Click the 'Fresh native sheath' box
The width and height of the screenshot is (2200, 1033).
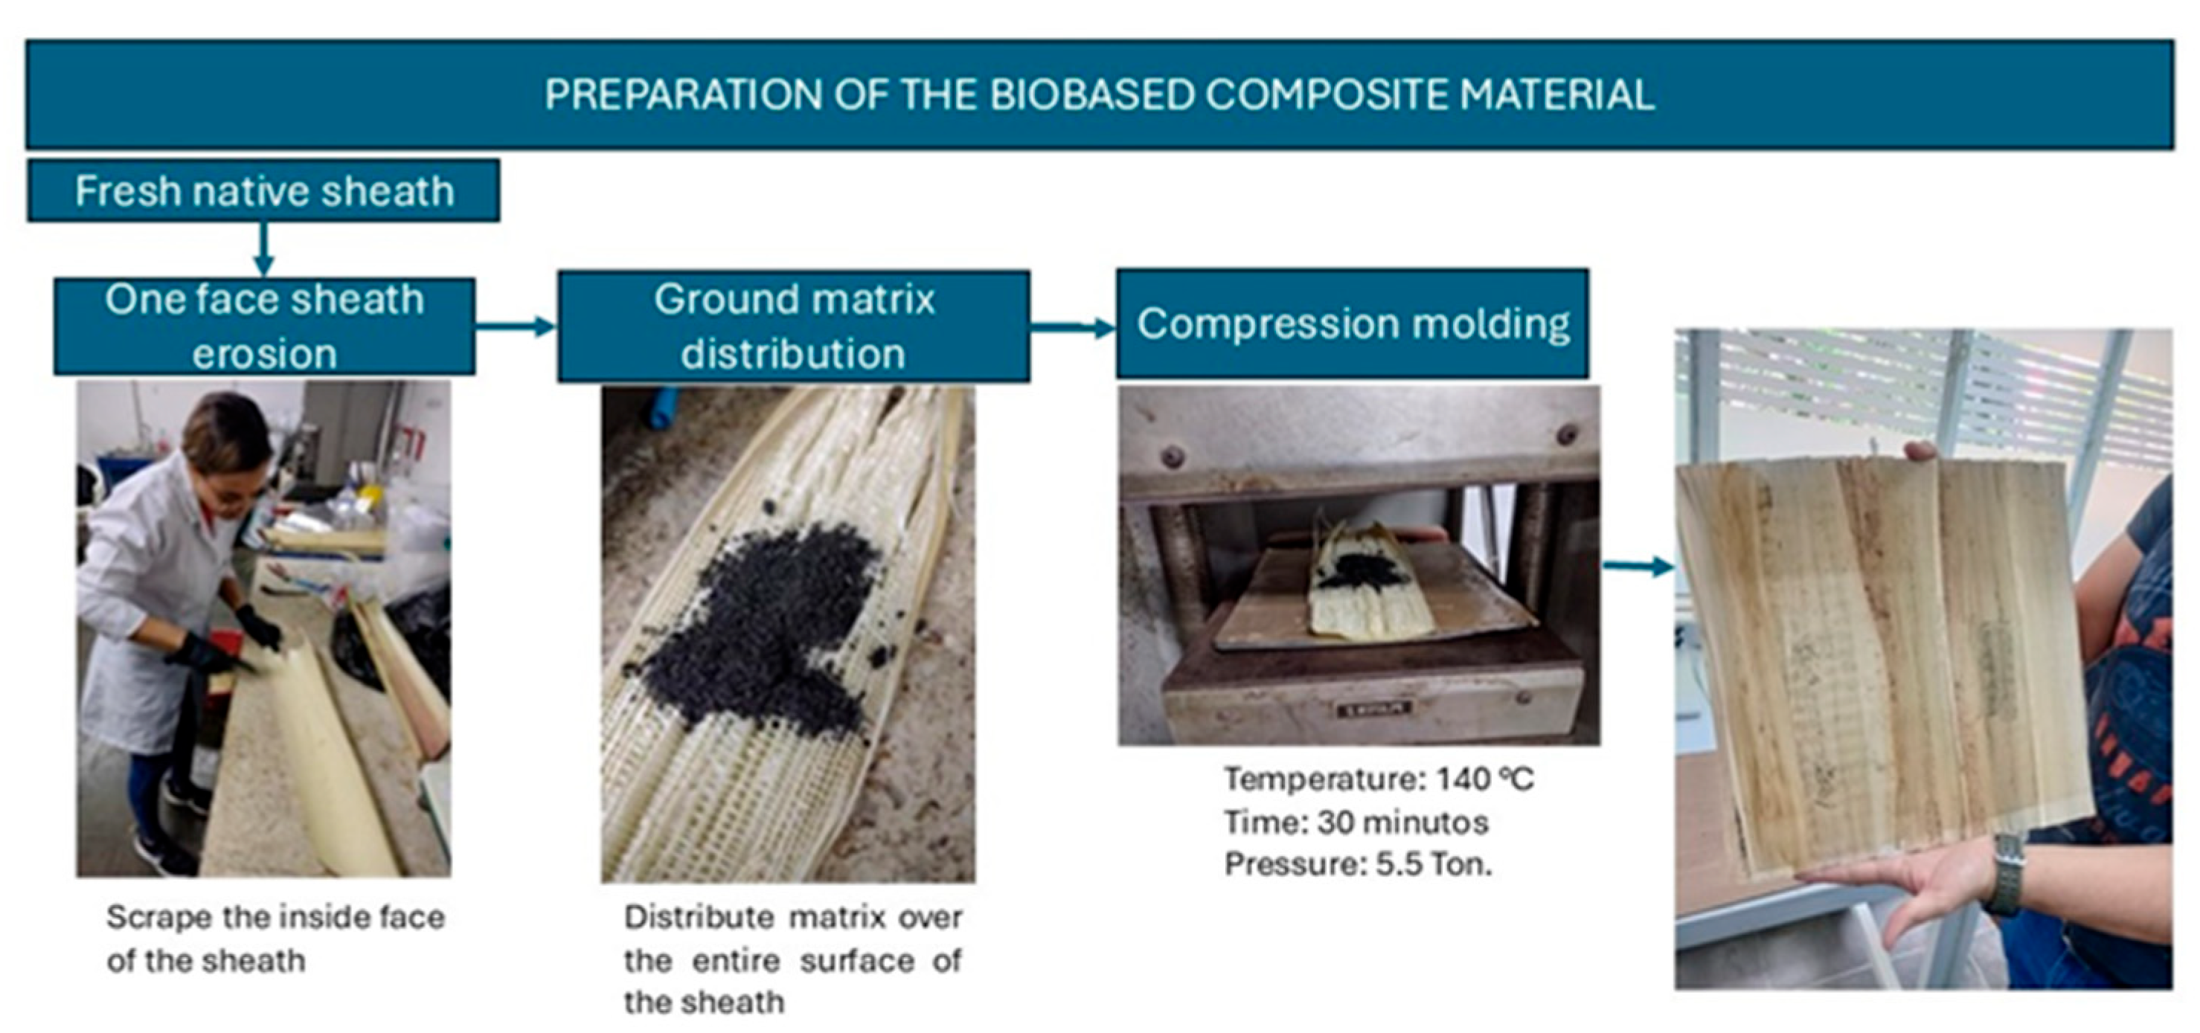(263, 190)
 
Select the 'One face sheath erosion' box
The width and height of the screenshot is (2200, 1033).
(264, 326)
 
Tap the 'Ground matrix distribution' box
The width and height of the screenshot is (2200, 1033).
(793, 326)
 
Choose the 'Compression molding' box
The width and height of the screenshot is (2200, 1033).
(1353, 324)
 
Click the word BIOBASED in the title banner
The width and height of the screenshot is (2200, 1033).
(1092, 94)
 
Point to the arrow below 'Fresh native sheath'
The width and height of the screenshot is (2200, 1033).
(264, 249)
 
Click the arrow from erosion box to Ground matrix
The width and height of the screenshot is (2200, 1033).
(516, 325)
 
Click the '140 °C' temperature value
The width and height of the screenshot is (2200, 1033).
(1485, 779)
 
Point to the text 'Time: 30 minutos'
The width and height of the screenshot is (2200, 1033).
(1356, 822)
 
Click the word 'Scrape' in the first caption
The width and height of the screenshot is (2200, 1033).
(160, 918)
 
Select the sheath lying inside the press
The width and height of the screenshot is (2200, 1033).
(1370, 582)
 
